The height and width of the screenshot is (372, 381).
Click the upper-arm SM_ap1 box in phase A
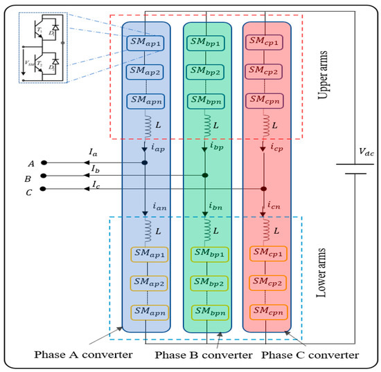coord(145,44)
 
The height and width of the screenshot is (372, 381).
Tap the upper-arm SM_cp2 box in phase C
coord(265,71)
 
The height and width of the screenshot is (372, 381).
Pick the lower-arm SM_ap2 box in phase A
coord(145,282)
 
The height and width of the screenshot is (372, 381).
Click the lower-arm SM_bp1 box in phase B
coord(206,254)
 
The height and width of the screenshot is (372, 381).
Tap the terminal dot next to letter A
coord(43,163)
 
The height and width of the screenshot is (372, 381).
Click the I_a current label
coord(94,158)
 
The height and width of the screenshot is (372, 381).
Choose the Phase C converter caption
coord(310,355)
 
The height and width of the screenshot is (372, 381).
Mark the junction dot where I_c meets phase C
coord(264,189)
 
